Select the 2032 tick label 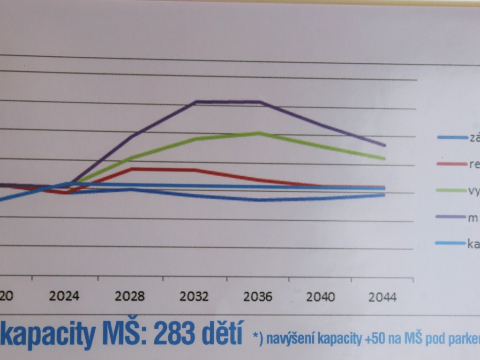195,297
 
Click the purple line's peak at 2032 195,101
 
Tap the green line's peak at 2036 259,133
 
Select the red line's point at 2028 132,168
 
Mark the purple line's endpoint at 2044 384,145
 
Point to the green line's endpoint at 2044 384,158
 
